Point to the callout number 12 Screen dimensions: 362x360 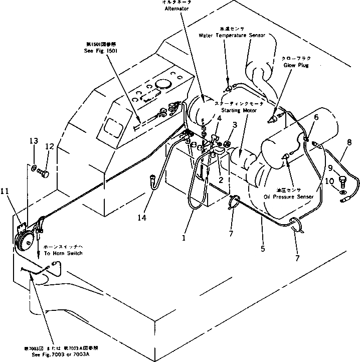[x=49, y=146]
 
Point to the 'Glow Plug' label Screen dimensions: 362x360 [x=295, y=65]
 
